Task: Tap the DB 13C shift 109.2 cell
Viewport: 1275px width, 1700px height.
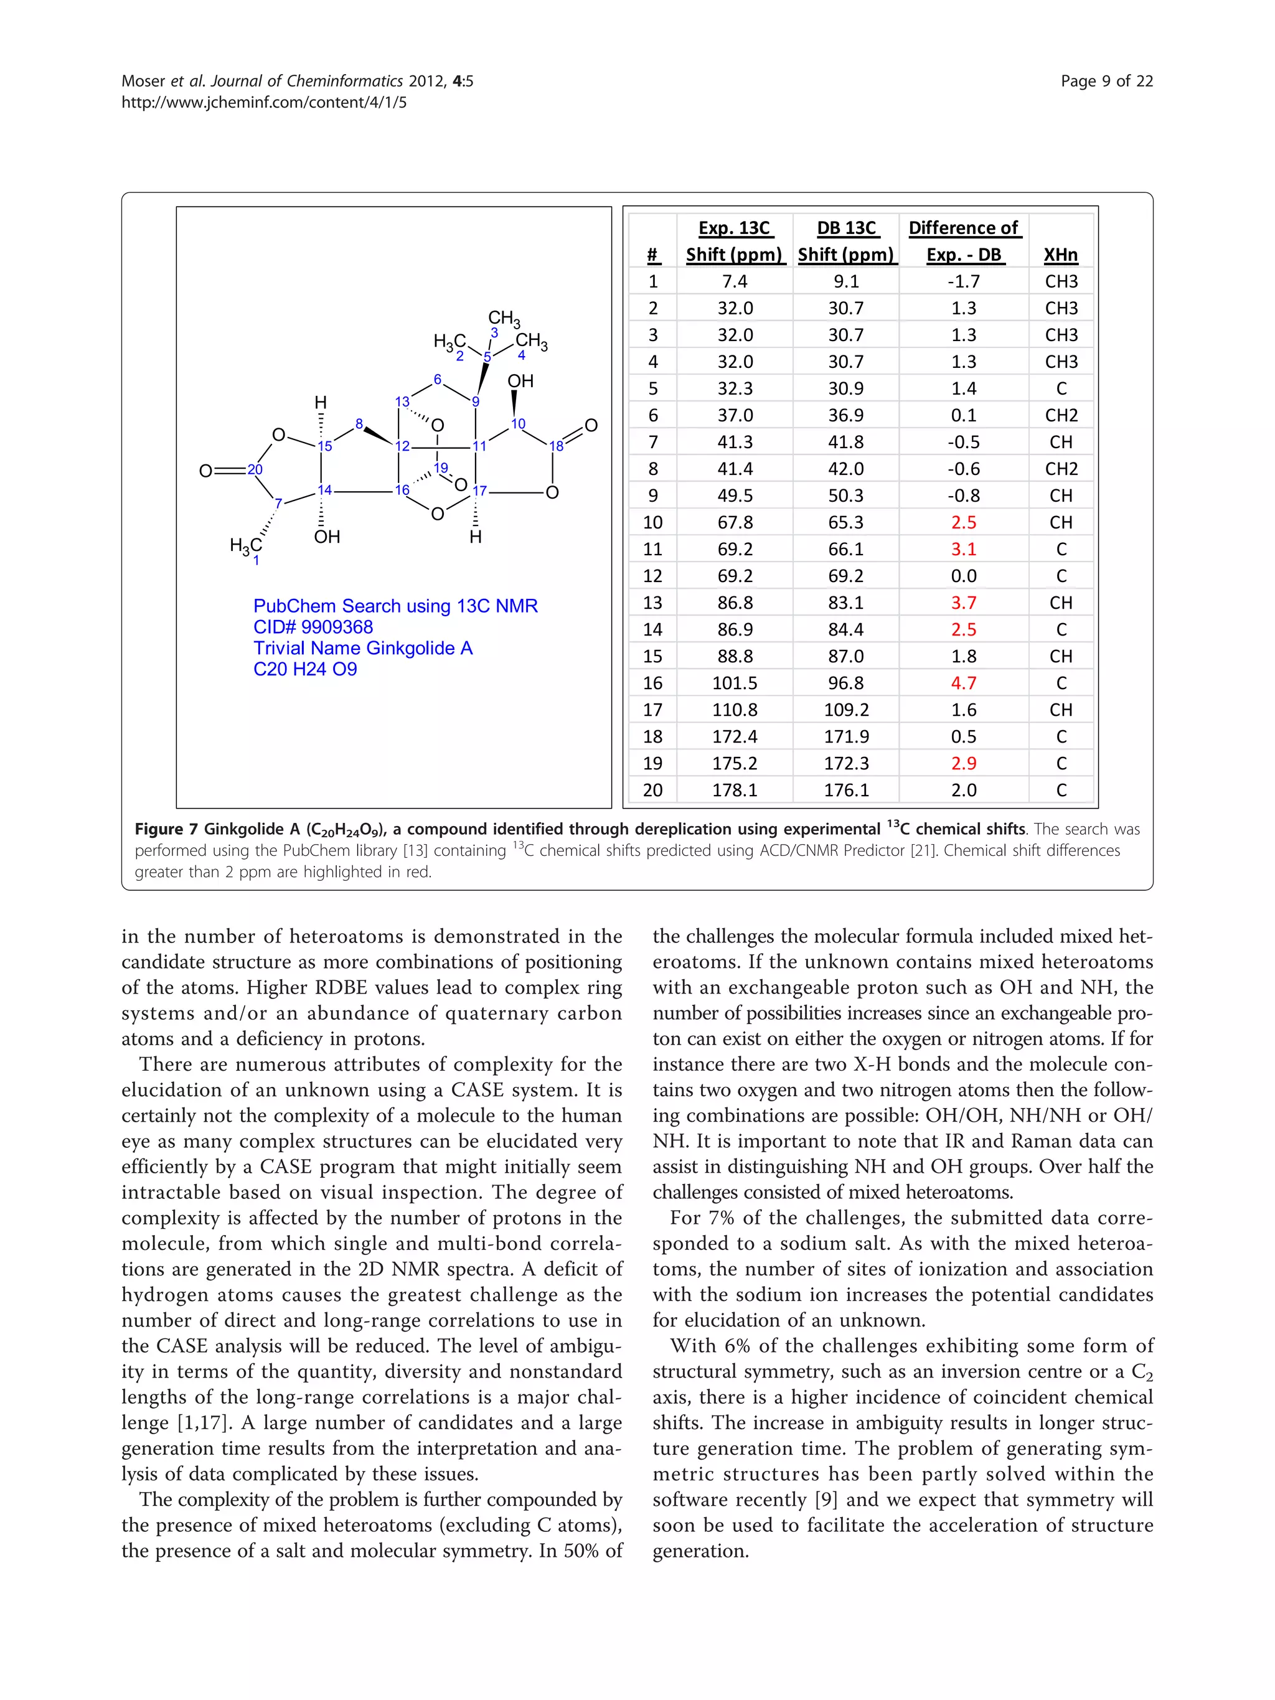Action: pos(845,710)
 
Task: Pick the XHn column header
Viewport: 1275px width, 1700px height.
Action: pos(1061,255)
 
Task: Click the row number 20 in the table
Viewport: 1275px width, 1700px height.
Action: pos(652,790)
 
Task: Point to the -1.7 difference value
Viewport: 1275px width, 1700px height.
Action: pos(963,281)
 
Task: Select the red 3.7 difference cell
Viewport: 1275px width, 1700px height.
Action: pos(963,603)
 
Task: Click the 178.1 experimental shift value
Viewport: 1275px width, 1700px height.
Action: pos(734,790)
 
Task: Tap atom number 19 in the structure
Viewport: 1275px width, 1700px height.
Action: pos(440,467)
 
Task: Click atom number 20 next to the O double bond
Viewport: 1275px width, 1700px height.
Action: pos(255,469)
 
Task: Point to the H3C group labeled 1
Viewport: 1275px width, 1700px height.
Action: pos(246,547)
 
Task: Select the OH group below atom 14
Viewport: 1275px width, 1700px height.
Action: pos(327,537)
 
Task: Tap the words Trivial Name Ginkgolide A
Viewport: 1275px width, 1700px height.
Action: pos(363,648)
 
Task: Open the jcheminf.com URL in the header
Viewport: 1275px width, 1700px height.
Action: pos(263,102)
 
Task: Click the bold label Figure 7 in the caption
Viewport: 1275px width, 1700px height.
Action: pos(165,829)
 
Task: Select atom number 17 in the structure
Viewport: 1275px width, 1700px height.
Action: pos(479,491)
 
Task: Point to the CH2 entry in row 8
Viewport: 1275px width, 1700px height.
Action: pos(1061,469)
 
